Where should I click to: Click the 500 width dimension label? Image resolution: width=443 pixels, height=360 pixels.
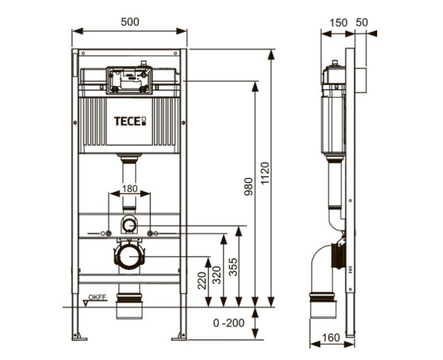130,22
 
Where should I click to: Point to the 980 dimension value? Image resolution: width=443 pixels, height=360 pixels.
249,187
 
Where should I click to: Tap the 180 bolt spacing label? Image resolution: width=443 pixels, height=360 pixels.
130,188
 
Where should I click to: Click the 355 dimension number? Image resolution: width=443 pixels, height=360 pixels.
233,267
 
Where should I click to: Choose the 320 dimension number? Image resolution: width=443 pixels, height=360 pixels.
217,275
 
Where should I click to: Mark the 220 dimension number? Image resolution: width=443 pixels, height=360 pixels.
202,281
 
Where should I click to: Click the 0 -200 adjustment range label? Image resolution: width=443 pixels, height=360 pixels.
229,323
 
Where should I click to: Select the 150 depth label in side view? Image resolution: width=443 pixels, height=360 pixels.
338,23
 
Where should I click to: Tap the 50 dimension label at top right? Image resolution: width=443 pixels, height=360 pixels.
362,22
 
